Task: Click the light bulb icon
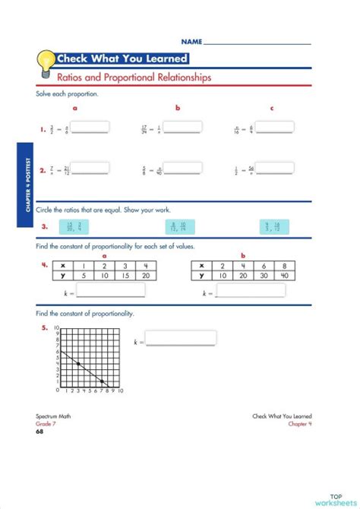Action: [x=46, y=60]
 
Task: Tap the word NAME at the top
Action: [x=191, y=40]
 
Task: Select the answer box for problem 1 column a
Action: [x=90, y=128]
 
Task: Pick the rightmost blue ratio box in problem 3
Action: [x=271, y=226]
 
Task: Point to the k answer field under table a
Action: [x=111, y=290]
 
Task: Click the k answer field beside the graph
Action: [x=181, y=338]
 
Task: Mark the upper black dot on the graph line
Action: [x=78, y=364]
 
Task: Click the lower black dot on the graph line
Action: [x=103, y=381]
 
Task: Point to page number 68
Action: [x=39, y=432]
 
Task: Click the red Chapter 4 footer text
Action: [x=299, y=424]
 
